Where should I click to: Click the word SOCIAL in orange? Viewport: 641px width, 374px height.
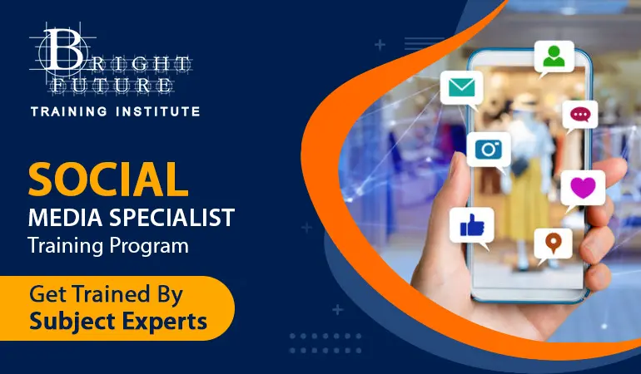[108, 180]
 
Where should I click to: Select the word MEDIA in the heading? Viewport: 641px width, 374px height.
[66, 217]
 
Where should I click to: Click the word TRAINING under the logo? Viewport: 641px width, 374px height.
[69, 111]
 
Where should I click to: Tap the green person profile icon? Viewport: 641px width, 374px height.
[554, 57]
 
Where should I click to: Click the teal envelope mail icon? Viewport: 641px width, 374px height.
[461, 87]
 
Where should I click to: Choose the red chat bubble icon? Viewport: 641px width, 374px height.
[580, 115]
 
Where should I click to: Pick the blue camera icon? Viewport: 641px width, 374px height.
[489, 150]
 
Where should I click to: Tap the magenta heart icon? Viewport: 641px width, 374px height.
[583, 188]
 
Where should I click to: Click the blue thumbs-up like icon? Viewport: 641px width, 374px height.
[472, 225]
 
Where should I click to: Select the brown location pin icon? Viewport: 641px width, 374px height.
[553, 244]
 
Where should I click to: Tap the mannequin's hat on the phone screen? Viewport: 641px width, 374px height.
[526, 101]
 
